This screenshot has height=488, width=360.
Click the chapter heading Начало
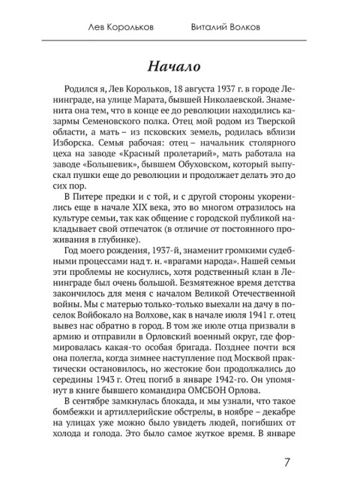tap(180, 61)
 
